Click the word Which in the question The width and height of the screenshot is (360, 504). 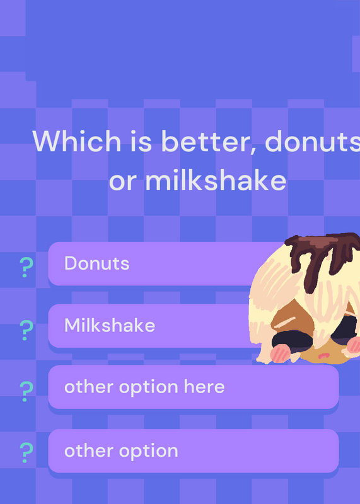coord(76,141)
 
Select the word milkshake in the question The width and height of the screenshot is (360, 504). coord(216,181)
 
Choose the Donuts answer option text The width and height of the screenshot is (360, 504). coord(97,263)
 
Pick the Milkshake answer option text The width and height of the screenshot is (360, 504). coord(110,325)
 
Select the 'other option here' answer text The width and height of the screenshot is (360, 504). coord(144,387)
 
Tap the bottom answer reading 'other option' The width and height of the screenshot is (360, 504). coord(121,451)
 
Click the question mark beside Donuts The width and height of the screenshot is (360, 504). coord(26,267)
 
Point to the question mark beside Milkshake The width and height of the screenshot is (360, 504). coord(26,330)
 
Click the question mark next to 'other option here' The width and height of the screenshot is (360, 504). coord(26,391)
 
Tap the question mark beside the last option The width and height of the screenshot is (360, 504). coord(26,452)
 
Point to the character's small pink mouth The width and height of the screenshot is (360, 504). coord(324,355)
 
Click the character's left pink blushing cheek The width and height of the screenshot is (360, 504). coord(280,353)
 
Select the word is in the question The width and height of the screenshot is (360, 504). coord(141,141)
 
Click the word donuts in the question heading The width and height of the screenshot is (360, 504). coord(312,141)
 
